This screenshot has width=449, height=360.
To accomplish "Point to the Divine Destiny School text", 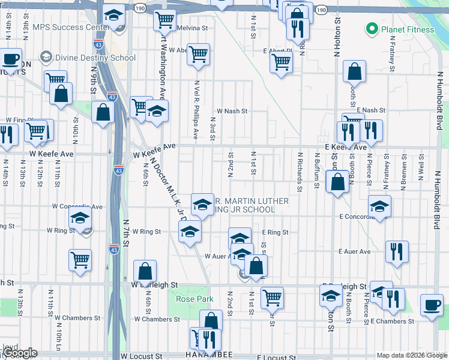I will coord(95,58).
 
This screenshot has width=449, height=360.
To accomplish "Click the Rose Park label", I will coord(186,299).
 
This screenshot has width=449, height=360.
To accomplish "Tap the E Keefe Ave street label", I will coord(345,147).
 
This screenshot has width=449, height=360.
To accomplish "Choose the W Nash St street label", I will coord(232,111).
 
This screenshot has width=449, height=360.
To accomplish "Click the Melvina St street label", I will coord(192,28).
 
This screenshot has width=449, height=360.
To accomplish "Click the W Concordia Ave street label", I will coord(77,206).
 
